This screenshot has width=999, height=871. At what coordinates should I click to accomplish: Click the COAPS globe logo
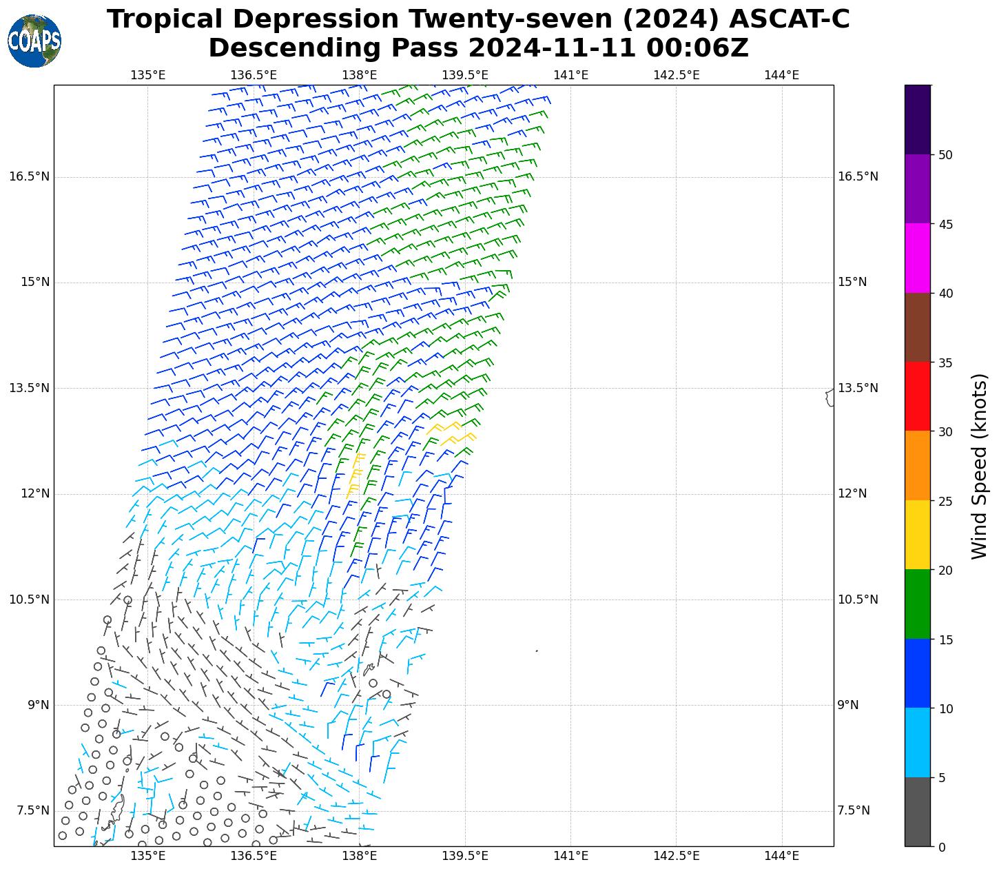point(34,41)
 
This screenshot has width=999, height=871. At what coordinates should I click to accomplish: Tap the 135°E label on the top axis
point(147,75)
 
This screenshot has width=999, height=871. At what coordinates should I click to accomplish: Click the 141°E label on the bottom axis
point(570,856)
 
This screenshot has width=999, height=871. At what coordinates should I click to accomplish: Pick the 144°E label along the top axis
point(781,75)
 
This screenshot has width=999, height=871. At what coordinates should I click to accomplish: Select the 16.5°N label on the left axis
point(29,176)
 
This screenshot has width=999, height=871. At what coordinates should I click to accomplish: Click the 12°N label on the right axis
point(852,493)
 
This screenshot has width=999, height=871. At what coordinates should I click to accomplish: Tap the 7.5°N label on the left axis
point(32,810)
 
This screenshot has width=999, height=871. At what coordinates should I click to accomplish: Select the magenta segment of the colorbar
point(917,258)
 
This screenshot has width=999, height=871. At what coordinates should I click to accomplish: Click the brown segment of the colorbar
point(917,327)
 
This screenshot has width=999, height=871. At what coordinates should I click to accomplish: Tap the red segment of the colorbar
point(917,396)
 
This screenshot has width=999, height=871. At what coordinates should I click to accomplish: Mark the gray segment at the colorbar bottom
point(917,812)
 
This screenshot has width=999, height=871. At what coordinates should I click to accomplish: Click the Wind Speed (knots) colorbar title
point(979,466)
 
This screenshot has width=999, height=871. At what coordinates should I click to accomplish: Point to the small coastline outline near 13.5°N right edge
point(830,398)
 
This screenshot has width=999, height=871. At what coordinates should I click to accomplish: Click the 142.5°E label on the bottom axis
point(676,856)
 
